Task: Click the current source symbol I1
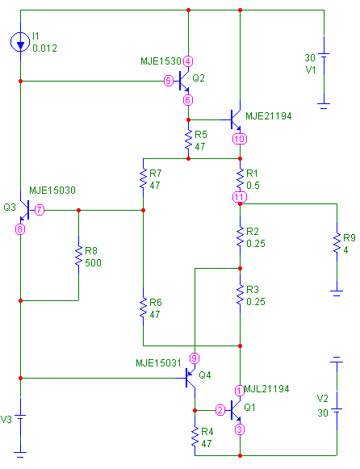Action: [20, 42]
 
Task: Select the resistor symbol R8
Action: [78, 255]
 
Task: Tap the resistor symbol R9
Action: [337, 243]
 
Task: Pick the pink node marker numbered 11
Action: [240, 197]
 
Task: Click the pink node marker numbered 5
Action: [169, 81]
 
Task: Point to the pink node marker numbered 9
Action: [195, 358]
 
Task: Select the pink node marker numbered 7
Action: [40, 210]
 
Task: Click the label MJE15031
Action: [158, 363]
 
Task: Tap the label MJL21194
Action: [266, 389]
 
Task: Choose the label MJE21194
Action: [269, 116]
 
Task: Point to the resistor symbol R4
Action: [195, 437]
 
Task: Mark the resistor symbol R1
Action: [240, 178]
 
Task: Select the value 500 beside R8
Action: [93, 263]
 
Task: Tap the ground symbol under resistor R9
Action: [337, 292]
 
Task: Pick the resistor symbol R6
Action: [143, 307]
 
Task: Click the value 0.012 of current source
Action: [45, 48]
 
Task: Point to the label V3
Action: [6, 419]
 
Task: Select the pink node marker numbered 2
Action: [220, 410]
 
